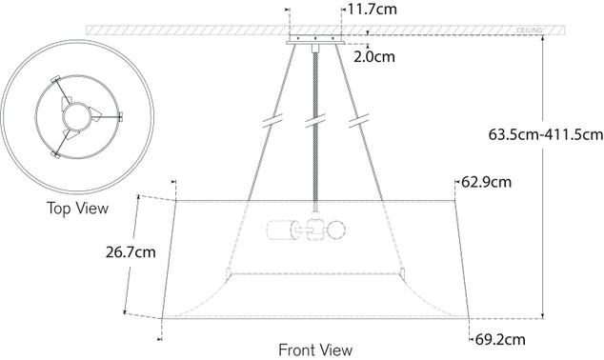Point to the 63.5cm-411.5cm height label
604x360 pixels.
[545, 135]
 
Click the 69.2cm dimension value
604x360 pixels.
[500, 338]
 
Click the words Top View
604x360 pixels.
[77, 208]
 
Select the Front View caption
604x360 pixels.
[314, 350]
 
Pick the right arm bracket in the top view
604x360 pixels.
[120, 116]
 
